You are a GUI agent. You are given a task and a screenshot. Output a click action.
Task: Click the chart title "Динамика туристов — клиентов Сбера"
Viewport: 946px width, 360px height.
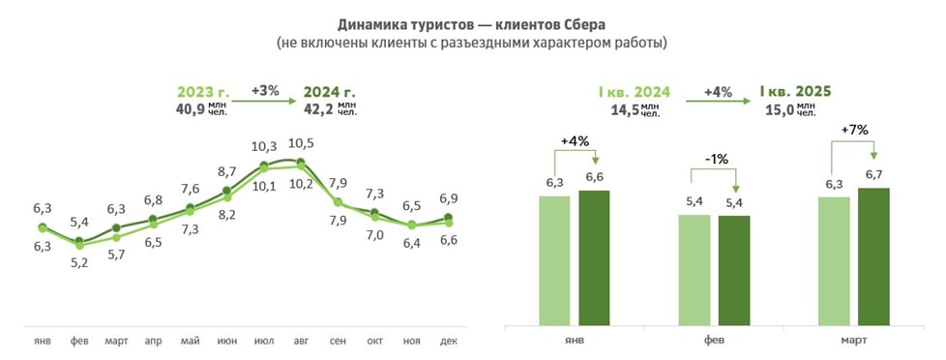tap(472, 23)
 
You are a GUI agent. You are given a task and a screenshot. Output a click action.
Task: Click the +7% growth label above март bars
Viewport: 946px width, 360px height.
tap(854, 130)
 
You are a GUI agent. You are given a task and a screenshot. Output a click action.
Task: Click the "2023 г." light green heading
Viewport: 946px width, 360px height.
tap(199, 92)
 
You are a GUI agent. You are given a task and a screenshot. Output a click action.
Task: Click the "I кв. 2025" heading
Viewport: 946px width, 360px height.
tap(796, 92)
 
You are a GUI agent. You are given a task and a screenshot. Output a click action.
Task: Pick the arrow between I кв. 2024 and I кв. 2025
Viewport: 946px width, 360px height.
tap(718, 100)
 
